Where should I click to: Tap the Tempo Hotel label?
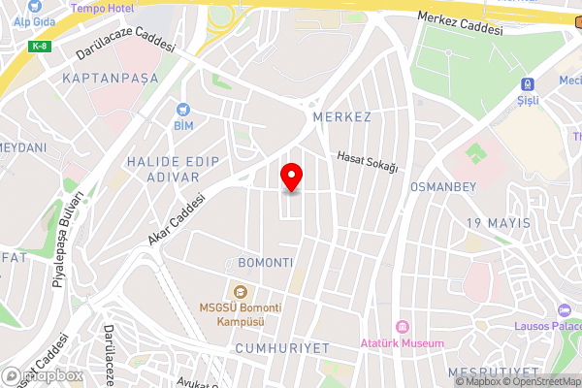pyautogui.click(x=101, y=8)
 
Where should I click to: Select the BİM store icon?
pyautogui.click(x=183, y=111)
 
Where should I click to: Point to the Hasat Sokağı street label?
pyautogui.click(x=368, y=162)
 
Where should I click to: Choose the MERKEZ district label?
pyautogui.click(x=342, y=116)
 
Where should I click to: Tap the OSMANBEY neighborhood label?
pyautogui.click(x=441, y=185)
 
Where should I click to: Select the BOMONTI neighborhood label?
pyautogui.click(x=265, y=263)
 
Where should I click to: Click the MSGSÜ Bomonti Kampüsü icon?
pyautogui.click(x=239, y=291)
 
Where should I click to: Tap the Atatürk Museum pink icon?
pyautogui.click(x=402, y=326)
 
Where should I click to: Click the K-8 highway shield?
pyautogui.click(x=40, y=46)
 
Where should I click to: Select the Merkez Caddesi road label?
pyautogui.click(x=460, y=23)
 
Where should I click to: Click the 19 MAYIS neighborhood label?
pyautogui.click(x=499, y=223)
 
